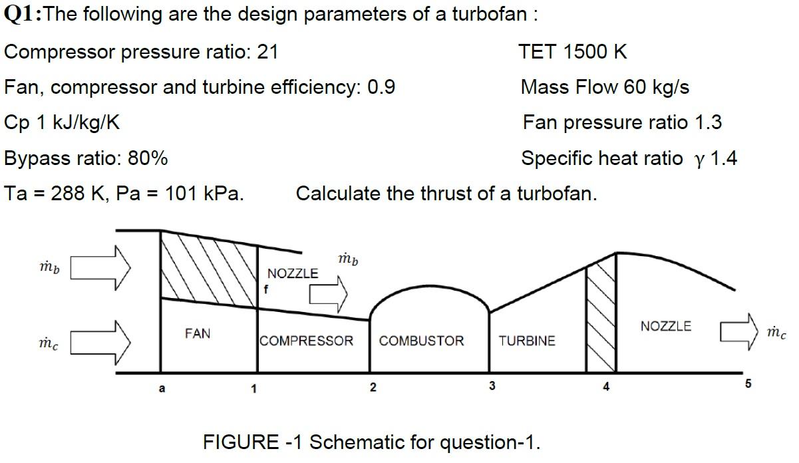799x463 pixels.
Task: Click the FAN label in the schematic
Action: click(197, 333)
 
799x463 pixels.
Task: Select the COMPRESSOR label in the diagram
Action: click(307, 341)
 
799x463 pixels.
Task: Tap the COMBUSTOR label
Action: click(421, 341)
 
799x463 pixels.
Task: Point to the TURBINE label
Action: click(527, 341)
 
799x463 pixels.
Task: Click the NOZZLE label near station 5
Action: click(665, 326)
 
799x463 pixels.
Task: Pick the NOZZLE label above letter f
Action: click(293, 273)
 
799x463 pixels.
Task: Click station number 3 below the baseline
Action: click(492, 386)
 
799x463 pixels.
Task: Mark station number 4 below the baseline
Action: click(605, 386)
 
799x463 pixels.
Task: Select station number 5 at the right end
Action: click(748, 385)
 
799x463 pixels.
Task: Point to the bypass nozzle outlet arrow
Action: click(330, 292)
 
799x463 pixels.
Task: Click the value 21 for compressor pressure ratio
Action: click(267, 52)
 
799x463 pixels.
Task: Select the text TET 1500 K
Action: click(572, 52)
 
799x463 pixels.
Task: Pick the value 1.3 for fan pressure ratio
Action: click(708, 122)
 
